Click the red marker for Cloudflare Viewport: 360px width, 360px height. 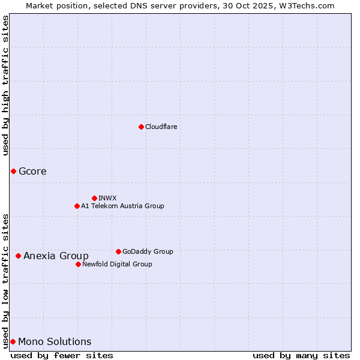point(141,127)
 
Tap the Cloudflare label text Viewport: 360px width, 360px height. point(161,127)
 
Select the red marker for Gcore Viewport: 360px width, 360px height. point(13,172)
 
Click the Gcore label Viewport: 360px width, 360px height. point(32,172)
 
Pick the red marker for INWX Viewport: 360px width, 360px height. point(94,198)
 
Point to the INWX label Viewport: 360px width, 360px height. point(107,198)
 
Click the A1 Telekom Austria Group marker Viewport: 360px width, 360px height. point(77,206)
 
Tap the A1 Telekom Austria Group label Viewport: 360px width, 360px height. point(122,206)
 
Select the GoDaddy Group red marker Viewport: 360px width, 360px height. point(118,251)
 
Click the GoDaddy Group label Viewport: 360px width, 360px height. point(147,251)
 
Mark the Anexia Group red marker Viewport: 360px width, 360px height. point(18,256)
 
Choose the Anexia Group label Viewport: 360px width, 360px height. point(56,256)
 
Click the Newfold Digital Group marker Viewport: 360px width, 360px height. point(78,264)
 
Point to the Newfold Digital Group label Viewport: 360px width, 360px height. point(117,264)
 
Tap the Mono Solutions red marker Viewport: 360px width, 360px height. point(13,342)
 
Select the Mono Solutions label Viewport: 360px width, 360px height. point(55,342)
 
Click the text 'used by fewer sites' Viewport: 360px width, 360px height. point(62,355)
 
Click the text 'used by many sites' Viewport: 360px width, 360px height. point(301,355)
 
